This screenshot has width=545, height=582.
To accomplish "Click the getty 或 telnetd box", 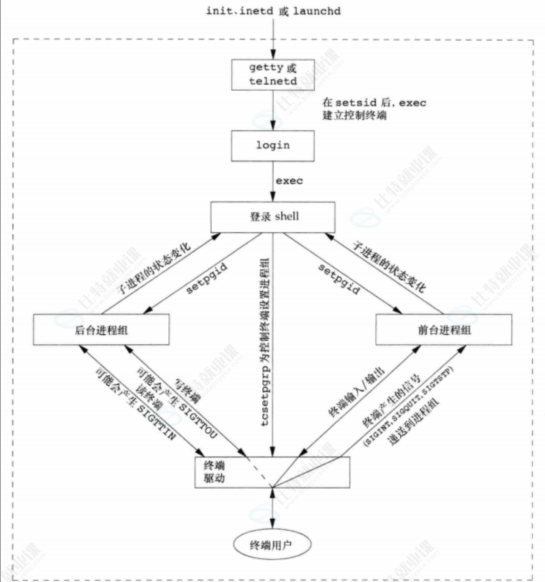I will pos(273,74).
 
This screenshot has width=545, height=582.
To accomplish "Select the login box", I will pos(273,146).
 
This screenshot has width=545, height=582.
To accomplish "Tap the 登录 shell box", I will pos(273,217).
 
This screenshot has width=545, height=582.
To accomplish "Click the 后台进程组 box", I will pos(101,330).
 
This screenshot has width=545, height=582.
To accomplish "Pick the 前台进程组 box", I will pos(444,330).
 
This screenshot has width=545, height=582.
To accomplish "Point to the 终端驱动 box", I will pos(272,472).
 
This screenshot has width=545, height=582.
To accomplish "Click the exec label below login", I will pos(289,181).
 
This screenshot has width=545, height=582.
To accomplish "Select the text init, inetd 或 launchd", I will pos(273,11).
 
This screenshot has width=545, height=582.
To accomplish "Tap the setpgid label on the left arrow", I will pos(206,277).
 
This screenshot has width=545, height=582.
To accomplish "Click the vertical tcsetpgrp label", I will pos(265,342).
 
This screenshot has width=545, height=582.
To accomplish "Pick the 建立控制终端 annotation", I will pos(355,115).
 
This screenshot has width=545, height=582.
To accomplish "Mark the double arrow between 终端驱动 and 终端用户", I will pos(273,508).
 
